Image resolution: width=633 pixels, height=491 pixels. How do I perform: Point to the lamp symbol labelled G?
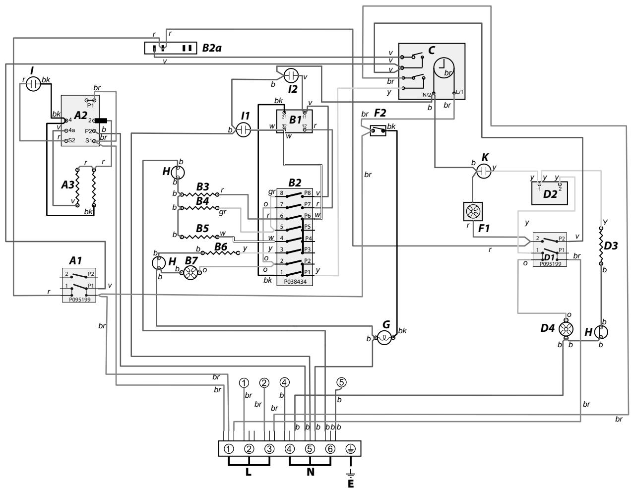(x=384, y=339)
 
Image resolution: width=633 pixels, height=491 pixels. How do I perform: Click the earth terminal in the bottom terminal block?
(x=350, y=449)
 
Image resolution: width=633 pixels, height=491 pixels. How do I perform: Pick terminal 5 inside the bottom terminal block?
(x=310, y=449)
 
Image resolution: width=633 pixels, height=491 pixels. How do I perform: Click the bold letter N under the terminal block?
(x=310, y=472)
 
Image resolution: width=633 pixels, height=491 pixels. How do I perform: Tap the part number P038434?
(x=295, y=282)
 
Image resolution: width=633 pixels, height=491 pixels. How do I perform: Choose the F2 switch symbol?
(x=379, y=131)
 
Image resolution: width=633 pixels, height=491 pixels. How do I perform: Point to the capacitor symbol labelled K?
(x=483, y=172)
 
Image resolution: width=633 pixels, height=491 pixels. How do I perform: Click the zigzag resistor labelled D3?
(x=601, y=246)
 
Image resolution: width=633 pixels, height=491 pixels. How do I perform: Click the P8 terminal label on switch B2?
(x=308, y=193)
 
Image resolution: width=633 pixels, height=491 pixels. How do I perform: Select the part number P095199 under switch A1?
(x=79, y=299)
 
